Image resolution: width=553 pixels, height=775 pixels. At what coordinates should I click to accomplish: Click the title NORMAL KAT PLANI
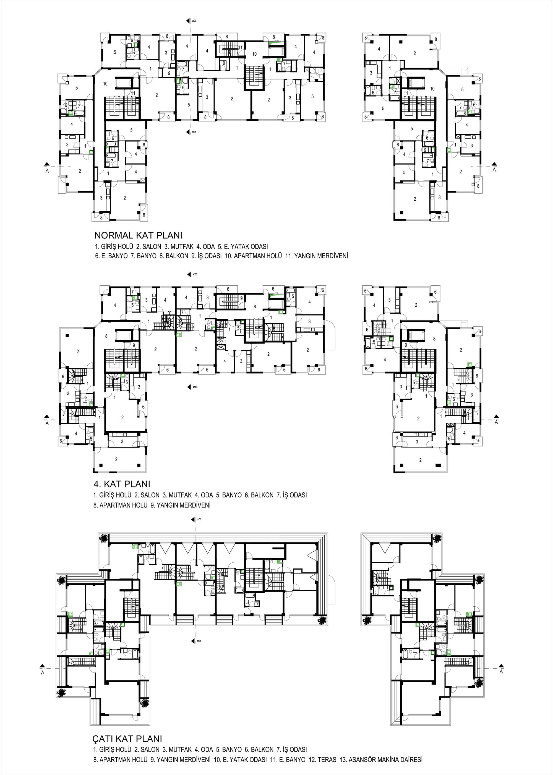coord(138,235)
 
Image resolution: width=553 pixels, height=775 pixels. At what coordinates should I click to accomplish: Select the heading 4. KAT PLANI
coord(122,484)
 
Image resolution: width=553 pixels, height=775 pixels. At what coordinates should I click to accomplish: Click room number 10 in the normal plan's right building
coord(432,89)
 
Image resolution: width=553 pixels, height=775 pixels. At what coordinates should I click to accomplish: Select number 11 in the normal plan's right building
coord(406,93)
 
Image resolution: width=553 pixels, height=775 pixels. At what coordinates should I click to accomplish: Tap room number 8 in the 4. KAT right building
coord(434,339)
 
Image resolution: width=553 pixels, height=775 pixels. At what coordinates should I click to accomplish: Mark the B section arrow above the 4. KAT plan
coord(190,275)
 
